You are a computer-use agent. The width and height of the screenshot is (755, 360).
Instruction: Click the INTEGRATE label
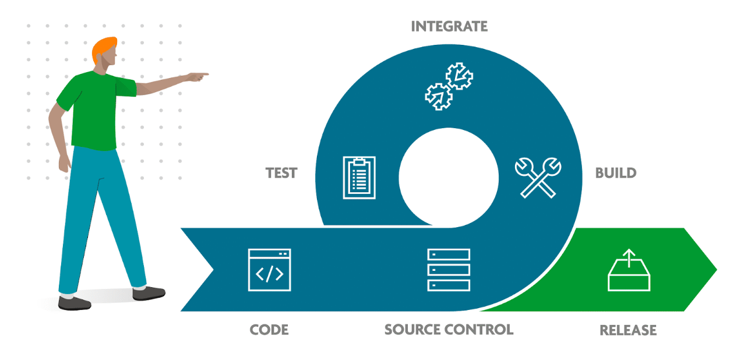449,26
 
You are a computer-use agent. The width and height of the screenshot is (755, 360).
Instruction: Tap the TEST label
281,173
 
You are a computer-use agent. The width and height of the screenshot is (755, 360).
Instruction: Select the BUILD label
616,173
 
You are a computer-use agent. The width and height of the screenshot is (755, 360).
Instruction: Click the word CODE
269,330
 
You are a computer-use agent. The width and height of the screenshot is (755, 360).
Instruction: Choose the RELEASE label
628,330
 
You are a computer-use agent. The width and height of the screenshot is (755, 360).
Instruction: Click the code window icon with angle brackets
269,270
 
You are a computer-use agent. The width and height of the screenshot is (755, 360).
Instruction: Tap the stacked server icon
449,270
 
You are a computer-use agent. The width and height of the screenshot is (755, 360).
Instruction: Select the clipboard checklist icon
359,178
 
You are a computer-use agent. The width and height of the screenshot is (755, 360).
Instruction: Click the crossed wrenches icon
538,177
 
